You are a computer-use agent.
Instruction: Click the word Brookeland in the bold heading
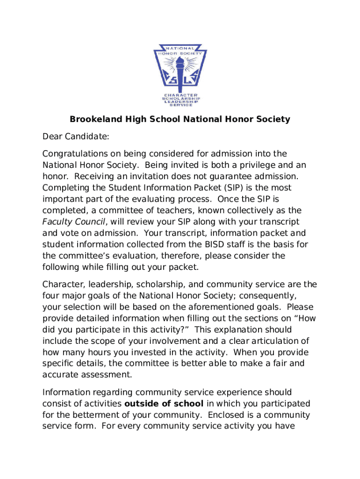(x=93, y=119)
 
